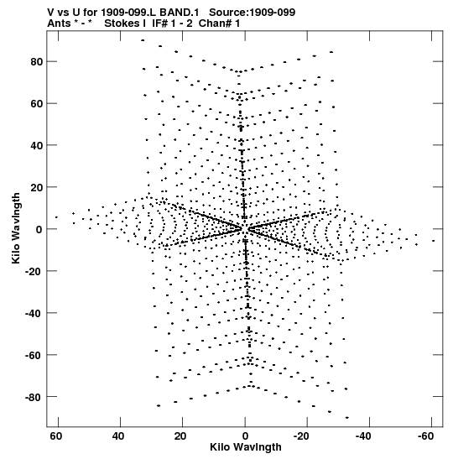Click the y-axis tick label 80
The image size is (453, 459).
(37, 62)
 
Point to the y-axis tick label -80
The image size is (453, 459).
(34, 397)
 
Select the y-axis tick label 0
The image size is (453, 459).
(39, 230)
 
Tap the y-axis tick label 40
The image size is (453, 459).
(37, 145)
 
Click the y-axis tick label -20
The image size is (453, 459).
(34, 271)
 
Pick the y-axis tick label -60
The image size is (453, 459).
(34, 356)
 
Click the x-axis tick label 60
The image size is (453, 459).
(55, 436)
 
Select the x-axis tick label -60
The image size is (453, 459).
(424, 436)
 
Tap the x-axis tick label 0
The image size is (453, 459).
(245, 436)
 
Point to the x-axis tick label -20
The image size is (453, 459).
(300, 436)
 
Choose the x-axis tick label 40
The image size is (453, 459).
(118, 436)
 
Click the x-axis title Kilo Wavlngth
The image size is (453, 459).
(246, 447)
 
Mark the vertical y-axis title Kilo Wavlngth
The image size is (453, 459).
(16, 228)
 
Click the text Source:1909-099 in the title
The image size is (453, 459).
(253, 13)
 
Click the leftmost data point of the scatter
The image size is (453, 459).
(56, 217)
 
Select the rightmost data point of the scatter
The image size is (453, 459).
(434, 241)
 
